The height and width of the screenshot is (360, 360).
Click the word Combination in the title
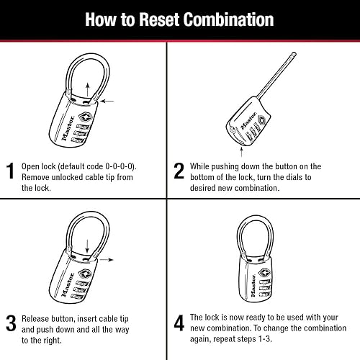[x=235, y=19]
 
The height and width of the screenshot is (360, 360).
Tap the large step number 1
[x=11, y=171]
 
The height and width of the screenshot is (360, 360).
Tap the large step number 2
[x=179, y=171]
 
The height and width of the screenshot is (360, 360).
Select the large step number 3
[x=11, y=323]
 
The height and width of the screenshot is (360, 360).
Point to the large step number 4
[x=179, y=323]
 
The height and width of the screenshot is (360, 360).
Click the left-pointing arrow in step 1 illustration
[x=107, y=102]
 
